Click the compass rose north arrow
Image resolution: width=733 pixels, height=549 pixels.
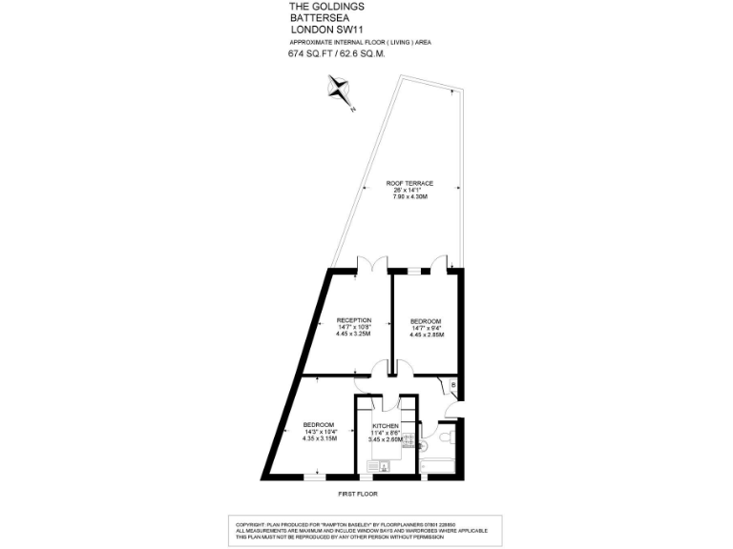[x=340, y=92]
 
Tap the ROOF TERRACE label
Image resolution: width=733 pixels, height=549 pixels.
[x=409, y=183]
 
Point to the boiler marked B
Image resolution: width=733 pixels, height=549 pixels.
[x=453, y=384]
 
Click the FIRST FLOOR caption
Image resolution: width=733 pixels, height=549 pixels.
[x=358, y=495]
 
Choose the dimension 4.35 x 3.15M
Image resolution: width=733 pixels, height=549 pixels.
[x=318, y=439]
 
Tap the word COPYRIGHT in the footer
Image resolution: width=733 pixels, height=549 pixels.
[x=256, y=523]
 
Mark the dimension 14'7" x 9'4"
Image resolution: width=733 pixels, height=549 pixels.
[x=426, y=327]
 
